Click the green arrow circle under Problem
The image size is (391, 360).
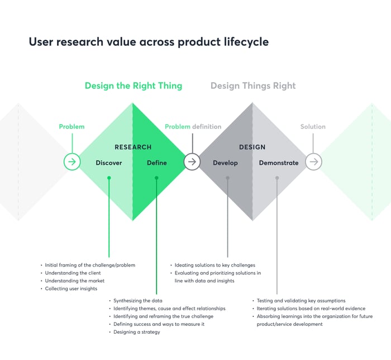tap(72, 162)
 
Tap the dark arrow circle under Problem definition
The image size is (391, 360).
tap(192, 162)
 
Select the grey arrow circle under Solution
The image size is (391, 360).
tap(313, 162)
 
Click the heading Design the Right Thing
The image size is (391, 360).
tap(133, 86)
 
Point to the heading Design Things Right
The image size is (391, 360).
tap(253, 86)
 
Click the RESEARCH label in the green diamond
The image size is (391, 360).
tap(133, 147)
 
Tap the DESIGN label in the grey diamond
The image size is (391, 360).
tap(252, 147)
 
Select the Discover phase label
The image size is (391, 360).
tap(109, 163)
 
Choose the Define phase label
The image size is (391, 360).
tap(157, 163)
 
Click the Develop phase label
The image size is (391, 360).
tap(225, 163)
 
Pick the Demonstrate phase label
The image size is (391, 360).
tap(279, 163)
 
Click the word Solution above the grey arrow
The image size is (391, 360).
tap(313, 127)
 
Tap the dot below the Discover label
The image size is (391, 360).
tap(109, 178)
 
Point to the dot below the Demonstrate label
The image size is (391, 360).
tap(277, 178)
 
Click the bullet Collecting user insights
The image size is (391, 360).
tap(71, 288)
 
